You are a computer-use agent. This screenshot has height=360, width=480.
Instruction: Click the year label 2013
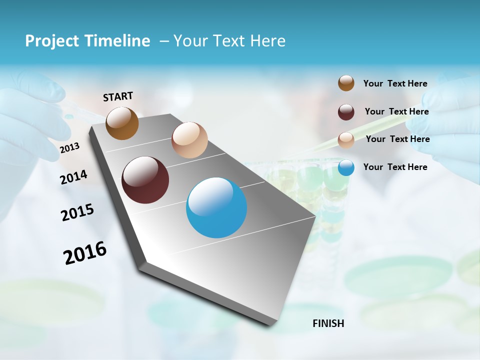pos(69,148)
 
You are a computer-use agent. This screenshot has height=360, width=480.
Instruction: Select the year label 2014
pos(74,177)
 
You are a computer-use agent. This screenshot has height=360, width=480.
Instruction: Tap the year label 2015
pos(77,212)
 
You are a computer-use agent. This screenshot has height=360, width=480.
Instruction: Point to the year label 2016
pos(85,253)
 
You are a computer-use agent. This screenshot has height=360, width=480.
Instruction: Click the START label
pos(118,96)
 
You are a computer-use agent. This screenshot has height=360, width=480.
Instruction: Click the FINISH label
pos(328,323)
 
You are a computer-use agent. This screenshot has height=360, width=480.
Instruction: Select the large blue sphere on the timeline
pos(216,207)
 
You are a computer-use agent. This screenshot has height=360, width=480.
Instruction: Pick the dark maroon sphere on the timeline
pos(145,180)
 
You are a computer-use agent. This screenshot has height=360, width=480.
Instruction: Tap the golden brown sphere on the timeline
pos(122,123)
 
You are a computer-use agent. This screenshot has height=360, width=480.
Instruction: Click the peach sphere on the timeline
pos(189,140)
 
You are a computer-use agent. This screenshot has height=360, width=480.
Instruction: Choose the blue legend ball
pos(346,167)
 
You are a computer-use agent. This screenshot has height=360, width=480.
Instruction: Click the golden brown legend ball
pos(346,83)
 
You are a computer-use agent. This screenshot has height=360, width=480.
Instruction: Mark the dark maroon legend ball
pos(346,112)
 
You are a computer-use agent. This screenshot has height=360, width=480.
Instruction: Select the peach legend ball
pos(346,140)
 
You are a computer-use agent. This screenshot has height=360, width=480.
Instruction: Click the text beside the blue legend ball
pos(395,167)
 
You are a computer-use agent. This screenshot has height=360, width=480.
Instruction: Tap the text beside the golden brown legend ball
pos(395,83)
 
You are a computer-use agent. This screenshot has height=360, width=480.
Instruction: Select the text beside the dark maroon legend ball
pos(396,111)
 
